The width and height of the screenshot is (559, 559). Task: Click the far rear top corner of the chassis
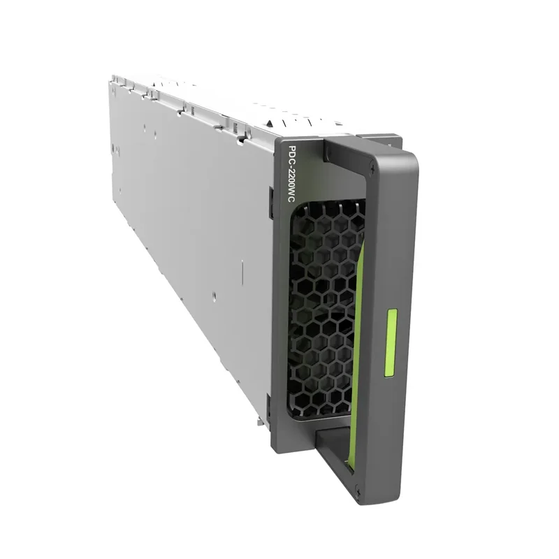pos(112,80)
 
